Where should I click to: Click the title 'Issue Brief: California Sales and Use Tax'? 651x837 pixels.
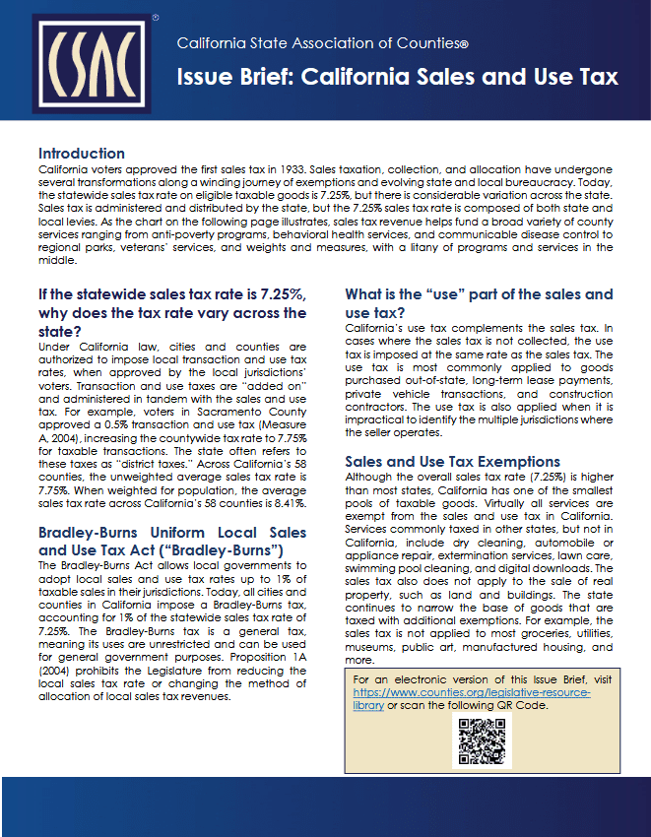(397, 78)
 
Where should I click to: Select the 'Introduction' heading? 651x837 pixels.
(81, 154)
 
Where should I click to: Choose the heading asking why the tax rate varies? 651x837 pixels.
(171, 312)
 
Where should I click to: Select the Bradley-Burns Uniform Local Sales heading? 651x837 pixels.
(171, 542)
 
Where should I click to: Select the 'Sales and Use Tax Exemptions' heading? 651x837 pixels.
(452, 462)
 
